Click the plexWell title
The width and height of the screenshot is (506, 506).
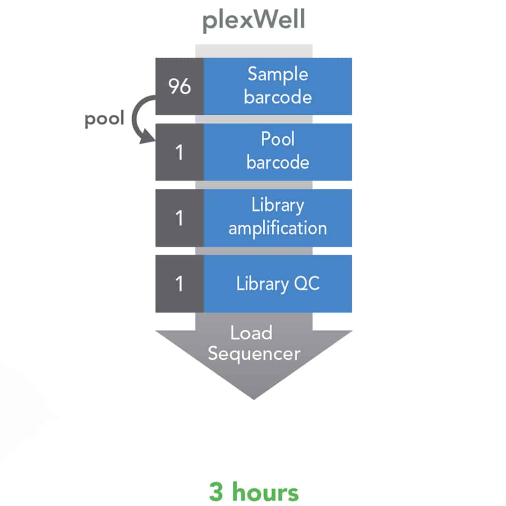point(253,20)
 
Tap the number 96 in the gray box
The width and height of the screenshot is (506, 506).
point(179,86)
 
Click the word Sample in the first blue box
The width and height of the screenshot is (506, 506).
point(278,75)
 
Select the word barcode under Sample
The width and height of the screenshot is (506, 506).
point(278,97)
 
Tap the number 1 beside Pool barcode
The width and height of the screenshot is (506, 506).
point(179,152)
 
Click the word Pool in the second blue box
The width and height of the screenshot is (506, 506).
point(278,139)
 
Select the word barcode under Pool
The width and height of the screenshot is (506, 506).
point(278,162)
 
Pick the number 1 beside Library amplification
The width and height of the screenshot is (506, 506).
point(179,218)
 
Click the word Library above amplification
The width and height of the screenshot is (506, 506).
point(278,206)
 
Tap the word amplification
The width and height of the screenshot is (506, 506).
point(278,228)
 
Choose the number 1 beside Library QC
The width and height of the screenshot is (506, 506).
point(179,284)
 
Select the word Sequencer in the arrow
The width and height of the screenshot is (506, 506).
point(254,354)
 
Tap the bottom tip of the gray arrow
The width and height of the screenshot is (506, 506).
point(254,400)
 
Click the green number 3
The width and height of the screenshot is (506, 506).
point(216,492)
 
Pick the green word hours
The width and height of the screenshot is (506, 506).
point(266,491)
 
